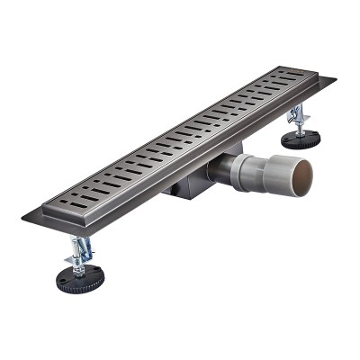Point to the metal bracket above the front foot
[78, 250]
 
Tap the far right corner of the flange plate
[336, 80]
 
